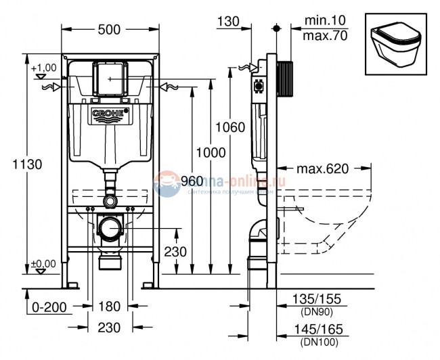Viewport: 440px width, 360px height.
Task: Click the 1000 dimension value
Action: [211, 153]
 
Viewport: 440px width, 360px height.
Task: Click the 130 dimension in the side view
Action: [229, 21]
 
